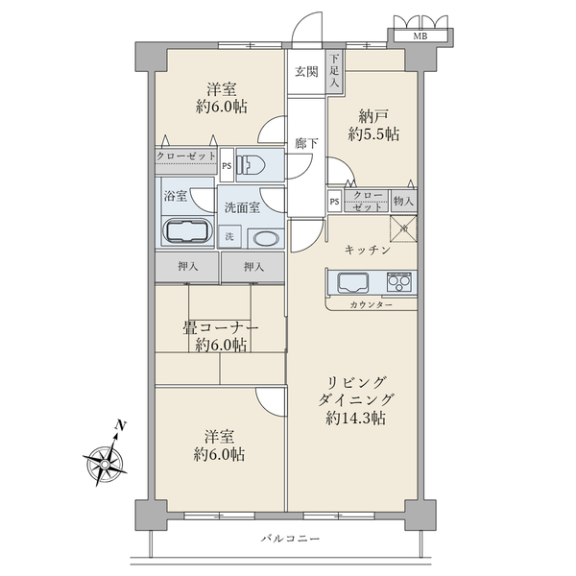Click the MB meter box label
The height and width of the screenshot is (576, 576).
point(420,36)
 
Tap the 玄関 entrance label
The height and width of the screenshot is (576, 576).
point(306,72)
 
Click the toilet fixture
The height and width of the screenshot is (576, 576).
point(250,164)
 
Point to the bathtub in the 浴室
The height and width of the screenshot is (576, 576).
point(188,231)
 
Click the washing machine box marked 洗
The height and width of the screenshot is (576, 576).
point(230,236)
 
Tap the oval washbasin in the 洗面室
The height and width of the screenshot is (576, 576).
point(266,239)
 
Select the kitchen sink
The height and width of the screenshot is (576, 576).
point(353,283)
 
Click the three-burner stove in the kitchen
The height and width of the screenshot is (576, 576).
point(399,282)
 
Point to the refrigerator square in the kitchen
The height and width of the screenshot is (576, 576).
point(403,228)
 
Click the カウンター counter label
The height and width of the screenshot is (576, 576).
point(371,304)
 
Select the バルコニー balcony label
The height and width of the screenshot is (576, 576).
point(291,539)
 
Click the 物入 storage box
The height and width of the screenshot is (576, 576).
point(404,201)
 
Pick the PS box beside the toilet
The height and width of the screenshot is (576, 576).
point(227,165)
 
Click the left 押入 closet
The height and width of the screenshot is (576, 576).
point(187,267)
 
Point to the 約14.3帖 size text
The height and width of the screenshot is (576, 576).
point(355,418)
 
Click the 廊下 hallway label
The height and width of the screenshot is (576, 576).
point(306,143)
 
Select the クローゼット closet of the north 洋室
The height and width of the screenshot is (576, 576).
point(186,161)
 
